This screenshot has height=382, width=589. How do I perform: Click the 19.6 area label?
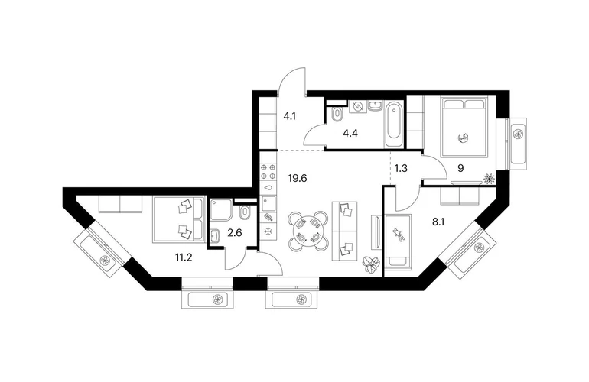tap(298, 178)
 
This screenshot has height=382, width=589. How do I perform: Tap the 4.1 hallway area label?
tap(290, 116)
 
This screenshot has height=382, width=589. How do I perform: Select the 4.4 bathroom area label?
tap(350, 133)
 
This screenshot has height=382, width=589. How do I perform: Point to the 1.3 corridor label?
tap(401, 168)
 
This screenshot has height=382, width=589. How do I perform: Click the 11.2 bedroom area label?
tap(184, 257)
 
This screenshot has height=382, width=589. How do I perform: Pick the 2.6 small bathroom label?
tap(235, 233)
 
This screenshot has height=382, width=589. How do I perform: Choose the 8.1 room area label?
tap(438, 222)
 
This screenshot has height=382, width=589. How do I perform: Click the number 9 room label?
tap(460, 169)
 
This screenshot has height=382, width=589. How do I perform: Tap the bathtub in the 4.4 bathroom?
tap(393, 124)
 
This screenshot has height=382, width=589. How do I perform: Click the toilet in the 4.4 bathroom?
tap(337, 114)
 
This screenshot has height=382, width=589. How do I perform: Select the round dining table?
tap(308, 231)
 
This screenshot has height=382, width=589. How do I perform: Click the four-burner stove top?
tap(268, 171)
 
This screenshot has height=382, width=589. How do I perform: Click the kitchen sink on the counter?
tap(268, 204)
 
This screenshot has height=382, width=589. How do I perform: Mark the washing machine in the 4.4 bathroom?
tap(357, 107)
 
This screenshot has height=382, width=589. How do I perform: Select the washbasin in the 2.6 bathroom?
tap(215, 236)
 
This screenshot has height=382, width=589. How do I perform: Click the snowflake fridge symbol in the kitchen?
tap(268, 231)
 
